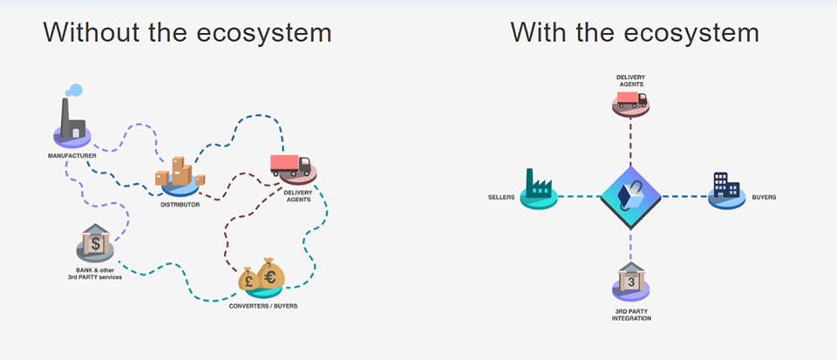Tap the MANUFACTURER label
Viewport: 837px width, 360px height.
72,156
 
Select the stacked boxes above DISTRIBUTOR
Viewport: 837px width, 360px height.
180,173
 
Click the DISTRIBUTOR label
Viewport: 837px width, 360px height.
180,205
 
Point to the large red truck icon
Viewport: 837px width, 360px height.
290,165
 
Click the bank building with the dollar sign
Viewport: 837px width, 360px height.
95,243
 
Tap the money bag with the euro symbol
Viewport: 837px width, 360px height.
270,275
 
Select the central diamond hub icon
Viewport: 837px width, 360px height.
630,195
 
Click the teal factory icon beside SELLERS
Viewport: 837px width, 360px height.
538,186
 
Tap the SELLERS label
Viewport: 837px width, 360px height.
501,197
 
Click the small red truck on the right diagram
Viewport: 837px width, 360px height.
630,103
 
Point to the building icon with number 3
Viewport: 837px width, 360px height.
630,281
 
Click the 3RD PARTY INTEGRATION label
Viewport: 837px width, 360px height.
630,316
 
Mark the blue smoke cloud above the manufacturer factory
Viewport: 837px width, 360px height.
74,90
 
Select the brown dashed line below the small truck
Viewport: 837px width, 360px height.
630,139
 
